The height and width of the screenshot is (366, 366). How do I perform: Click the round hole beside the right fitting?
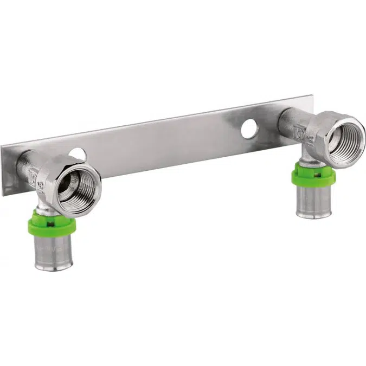click(x=249, y=129)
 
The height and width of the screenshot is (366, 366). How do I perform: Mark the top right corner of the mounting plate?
click(x=311, y=97)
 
